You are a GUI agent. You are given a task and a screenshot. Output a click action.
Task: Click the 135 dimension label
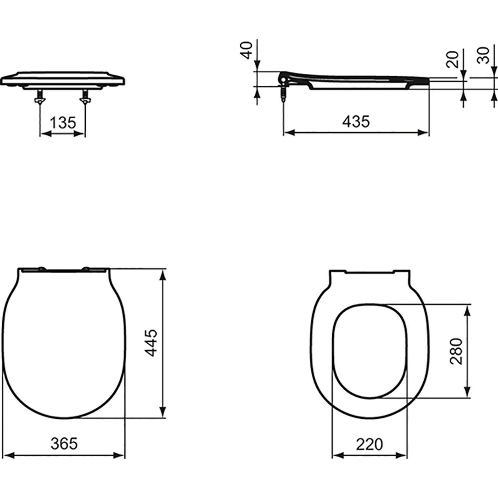pos(63,123)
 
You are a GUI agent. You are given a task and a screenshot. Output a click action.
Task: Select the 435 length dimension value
pos(356,122)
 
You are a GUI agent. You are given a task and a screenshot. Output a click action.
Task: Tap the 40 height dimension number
pos(247,50)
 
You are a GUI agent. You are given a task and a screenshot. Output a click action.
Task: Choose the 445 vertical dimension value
pos(152,343)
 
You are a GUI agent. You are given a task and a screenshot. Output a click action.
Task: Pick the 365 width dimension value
pos(64,444)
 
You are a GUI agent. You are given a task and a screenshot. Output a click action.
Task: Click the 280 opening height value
pos(456,351)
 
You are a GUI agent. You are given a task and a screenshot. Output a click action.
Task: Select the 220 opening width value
pos(369,444)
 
